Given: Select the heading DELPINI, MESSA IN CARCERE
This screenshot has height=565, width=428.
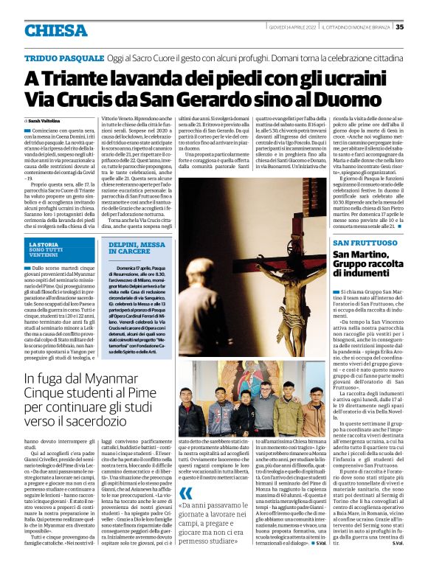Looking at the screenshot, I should click(x=137, y=247).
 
